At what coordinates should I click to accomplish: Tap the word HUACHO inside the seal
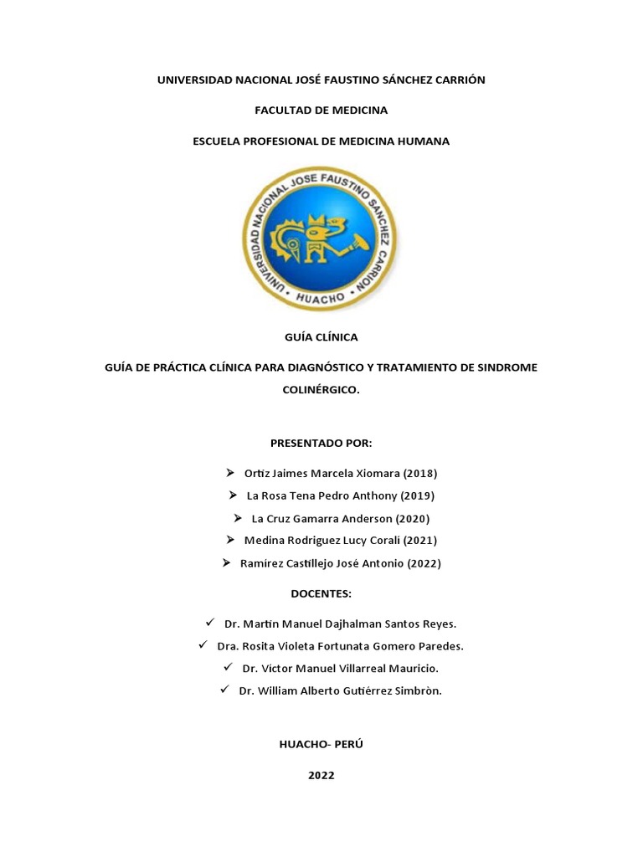click(321, 295)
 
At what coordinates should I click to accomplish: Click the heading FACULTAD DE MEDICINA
click(321, 110)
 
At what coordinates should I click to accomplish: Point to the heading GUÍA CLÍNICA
click(321, 336)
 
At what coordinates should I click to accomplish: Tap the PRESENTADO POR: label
click(321, 442)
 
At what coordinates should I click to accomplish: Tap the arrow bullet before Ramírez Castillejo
click(226, 562)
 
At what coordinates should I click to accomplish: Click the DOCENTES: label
click(321, 593)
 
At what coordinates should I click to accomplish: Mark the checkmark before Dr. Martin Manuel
click(209, 623)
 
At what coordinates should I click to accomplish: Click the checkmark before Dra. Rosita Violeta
click(202, 645)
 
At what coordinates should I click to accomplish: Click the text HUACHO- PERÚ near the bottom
click(321, 744)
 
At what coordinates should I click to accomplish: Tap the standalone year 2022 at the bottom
click(321, 775)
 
